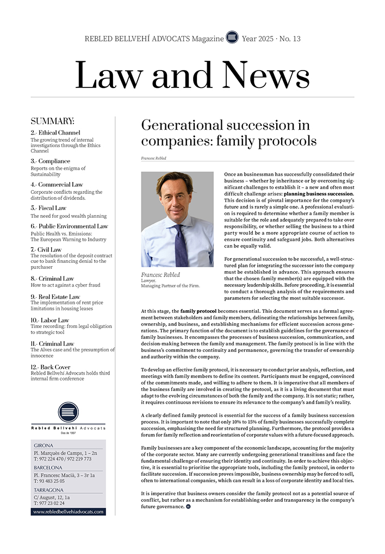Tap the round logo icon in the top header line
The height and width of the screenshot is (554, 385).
coord(232,38)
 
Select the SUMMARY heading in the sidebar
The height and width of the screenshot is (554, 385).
coord(52,121)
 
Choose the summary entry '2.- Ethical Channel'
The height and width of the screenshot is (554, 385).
coord(55,133)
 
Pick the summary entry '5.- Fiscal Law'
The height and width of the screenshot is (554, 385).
coord(48,208)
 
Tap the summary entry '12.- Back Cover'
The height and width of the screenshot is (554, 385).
coord(52,367)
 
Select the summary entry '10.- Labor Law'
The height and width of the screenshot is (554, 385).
coord(49,320)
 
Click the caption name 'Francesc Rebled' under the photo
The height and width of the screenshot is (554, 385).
coord(161,275)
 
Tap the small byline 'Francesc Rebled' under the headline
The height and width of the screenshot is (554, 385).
coord(153,158)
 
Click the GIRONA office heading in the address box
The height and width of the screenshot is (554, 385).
coord(44,445)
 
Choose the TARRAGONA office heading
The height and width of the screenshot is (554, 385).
coord(48,489)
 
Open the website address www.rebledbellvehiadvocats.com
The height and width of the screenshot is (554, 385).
coord(69,512)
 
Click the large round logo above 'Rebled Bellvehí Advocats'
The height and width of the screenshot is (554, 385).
coord(68,413)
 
